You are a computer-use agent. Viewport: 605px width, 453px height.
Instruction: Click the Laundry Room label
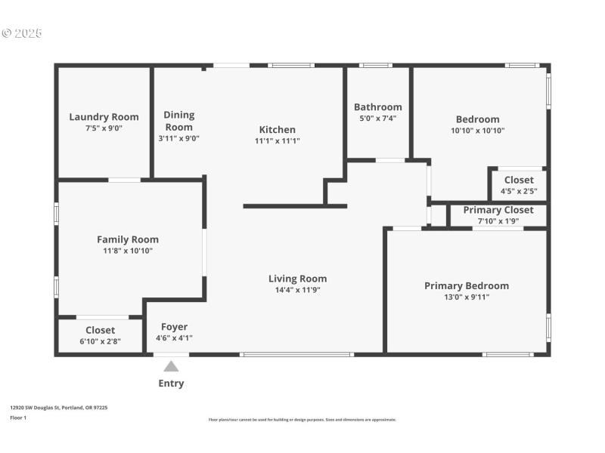click(x=104, y=117)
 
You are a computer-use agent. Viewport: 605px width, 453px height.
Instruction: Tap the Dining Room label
click(x=179, y=121)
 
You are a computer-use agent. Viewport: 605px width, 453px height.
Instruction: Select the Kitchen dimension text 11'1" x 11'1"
click(x=277, y=140)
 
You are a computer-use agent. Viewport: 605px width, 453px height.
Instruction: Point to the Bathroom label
click(x=377, y=107)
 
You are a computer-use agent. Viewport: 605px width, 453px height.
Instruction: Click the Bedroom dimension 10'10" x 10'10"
click(x=477, y=131)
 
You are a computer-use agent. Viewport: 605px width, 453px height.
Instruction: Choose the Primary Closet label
click(x=498, y=210)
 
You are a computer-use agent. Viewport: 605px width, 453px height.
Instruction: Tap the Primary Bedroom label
click(x=466, y=286)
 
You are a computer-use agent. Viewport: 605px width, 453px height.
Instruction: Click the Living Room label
click(x=297, y=279)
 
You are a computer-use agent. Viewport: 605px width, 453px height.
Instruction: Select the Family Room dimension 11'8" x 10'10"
click(x=127, y=251)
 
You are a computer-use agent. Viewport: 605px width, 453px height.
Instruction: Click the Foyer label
click(x=174, y=327)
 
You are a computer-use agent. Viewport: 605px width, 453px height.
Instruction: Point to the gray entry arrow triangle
click(x=172, y=366)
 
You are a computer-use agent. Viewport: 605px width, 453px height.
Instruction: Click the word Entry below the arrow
click(x=171, y=384)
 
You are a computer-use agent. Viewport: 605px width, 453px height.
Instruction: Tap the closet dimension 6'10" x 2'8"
click(x=100, y=341)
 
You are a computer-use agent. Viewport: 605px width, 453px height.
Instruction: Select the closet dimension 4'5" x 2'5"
click(x=518, y=191)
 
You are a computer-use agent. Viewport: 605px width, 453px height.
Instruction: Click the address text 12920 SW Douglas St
click(x=58, y=408)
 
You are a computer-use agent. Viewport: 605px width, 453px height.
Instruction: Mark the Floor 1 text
click(x=18, y=418)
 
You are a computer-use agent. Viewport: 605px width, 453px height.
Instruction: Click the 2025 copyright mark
click(x=22, y=33)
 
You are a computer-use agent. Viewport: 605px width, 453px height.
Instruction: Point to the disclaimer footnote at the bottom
click(x=302, y=420)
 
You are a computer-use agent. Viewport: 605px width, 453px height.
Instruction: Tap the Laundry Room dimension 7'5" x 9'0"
click(x=104, y=128)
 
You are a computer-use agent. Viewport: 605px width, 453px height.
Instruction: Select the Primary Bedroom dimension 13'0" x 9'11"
click(x=466, y=297)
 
